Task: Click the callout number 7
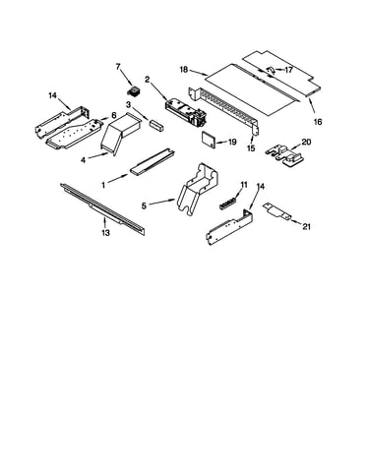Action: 118,67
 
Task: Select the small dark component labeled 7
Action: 133,90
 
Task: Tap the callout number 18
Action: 184,70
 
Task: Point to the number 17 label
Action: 288,70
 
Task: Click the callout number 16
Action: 318,122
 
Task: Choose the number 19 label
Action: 232,142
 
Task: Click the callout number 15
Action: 251,148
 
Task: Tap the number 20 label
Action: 306,142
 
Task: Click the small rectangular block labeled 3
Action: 156,126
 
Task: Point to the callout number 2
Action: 148,80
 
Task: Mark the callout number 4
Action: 83,160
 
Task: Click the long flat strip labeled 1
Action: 153,161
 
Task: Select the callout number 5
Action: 144,205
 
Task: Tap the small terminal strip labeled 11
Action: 227,203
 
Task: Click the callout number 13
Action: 105,233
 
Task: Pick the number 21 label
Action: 306,226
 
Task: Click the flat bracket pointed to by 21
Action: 277,211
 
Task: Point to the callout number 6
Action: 114,115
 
